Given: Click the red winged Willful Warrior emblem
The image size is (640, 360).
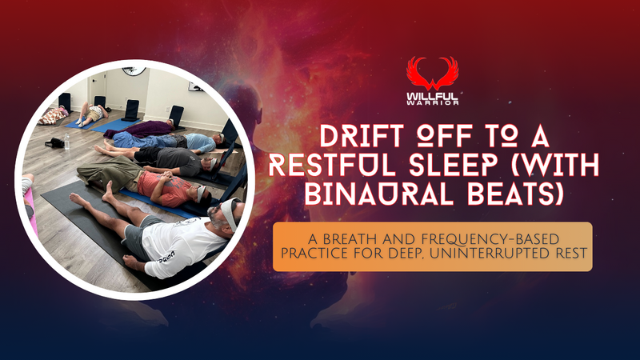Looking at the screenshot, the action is tap(432, 74).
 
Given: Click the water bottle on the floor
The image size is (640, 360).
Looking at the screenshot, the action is tap(67, 142).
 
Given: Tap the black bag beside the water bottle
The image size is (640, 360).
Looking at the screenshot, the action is tap(54, 143).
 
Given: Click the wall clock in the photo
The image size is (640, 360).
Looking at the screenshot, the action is tap(134, 70).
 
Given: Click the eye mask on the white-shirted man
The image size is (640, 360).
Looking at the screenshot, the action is tap(230, 213).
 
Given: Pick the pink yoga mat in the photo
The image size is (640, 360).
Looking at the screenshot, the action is tap(31, 212).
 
